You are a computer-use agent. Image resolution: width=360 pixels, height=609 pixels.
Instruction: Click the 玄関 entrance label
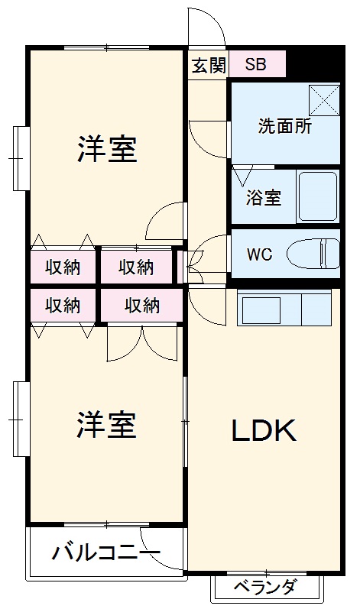point(208,64)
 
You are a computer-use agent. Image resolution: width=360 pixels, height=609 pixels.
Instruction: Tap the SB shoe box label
point(255,64)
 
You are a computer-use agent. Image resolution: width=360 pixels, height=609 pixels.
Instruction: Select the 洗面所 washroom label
point(284,127)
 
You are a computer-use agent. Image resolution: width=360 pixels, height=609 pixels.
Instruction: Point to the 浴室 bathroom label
point(263,197)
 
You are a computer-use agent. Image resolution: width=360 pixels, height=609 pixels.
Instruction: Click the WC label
point(258,254)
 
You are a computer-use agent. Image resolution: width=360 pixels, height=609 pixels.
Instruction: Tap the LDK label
point(264,432)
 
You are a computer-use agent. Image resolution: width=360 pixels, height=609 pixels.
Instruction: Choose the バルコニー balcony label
point(105,552)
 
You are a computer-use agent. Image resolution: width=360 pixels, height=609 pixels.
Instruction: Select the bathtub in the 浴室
point(317,196)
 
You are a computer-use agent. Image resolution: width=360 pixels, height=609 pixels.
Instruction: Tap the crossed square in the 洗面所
point(324,100)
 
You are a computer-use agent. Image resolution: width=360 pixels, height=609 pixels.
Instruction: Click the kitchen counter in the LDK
point(284,307)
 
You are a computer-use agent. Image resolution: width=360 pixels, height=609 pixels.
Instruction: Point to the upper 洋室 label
point(107,150)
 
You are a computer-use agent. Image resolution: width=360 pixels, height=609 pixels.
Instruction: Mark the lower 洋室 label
point(107,425)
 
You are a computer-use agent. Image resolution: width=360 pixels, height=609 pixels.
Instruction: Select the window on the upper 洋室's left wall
point(20,157)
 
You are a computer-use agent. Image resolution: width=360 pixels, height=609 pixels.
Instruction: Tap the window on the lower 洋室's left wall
point(20,419)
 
